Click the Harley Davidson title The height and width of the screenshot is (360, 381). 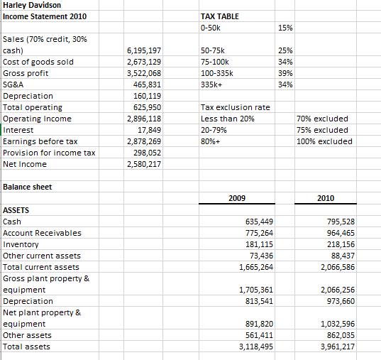click(32, 6)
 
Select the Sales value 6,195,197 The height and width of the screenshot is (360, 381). click(143, 50)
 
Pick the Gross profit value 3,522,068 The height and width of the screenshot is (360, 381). click(143, 73)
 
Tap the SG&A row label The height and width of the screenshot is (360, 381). click(16, 84)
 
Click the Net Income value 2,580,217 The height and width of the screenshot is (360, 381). click(143, 164)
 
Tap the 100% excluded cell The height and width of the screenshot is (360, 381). click(324, 141)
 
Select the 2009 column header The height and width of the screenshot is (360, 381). click(238, 198)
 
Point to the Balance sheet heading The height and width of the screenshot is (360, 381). click(28, 187)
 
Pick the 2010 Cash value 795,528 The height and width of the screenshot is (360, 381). click(338, 222)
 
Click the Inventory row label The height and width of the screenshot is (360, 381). click(21, 244)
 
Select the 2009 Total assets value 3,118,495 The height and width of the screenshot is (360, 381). click(250, 347)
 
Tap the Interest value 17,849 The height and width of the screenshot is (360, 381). click(149, 130)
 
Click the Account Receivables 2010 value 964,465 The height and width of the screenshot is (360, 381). click(338, 233)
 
